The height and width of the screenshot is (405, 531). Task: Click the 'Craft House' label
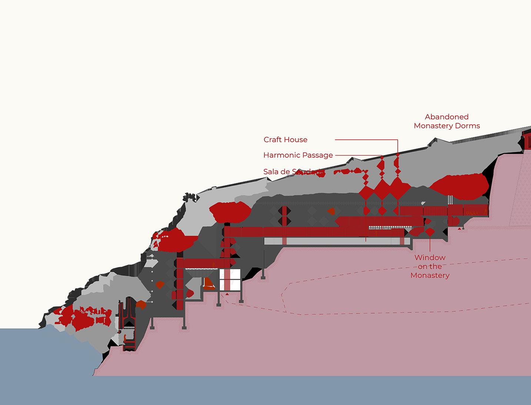285,140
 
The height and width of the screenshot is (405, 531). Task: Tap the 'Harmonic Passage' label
298,155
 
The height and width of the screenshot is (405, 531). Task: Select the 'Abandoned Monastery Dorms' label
447,121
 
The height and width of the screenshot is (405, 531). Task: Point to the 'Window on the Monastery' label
430,266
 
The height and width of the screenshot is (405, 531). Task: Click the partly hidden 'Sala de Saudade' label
289,172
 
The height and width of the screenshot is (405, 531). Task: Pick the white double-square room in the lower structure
230,280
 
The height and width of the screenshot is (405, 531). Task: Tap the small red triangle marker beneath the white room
227,294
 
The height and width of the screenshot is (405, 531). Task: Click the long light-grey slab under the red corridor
337,241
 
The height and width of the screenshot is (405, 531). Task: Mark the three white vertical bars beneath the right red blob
450,199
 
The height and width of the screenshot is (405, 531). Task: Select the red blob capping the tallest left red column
230,212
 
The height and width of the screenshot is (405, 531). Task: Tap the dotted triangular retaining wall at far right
520,193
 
